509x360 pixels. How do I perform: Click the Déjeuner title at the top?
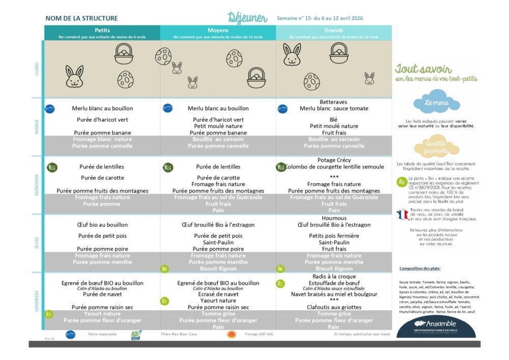[x=247, y=18]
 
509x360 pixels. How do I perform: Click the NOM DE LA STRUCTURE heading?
[x=81, y=18]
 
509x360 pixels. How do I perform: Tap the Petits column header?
[x=102, y=31]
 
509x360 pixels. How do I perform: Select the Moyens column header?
[x=218, y=31]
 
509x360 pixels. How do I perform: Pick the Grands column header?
[x=333, y=31]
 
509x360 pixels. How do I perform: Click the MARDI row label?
[x=37, y=127]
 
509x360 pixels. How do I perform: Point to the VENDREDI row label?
[x=37, y=301]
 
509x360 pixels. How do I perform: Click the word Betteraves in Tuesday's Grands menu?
[x=333, y=102]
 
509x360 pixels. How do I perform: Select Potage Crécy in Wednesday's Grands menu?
[x=333, y=160]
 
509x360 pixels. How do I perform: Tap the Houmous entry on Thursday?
[x=334, y=218]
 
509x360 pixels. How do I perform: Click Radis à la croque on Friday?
[x=333, y=276]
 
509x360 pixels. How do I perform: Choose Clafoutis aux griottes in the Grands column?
[x=334, y=307]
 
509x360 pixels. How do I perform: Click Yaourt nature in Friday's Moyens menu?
[x=218, y=301]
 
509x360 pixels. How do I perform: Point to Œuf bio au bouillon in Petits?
[x=102, y=225]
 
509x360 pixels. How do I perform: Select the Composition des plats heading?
[x=420, y=268]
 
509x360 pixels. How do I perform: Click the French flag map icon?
[x=403, y=214]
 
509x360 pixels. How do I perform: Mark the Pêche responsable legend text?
[x=102, y=334]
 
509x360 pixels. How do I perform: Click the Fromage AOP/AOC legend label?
[x=259, y=334]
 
